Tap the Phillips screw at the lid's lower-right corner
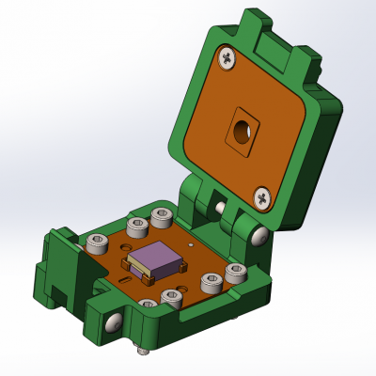tap(262, 197)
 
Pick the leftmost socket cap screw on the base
tap(96, 243)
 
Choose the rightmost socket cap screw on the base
tap(235, 274)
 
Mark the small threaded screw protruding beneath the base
tap(144, 352)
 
